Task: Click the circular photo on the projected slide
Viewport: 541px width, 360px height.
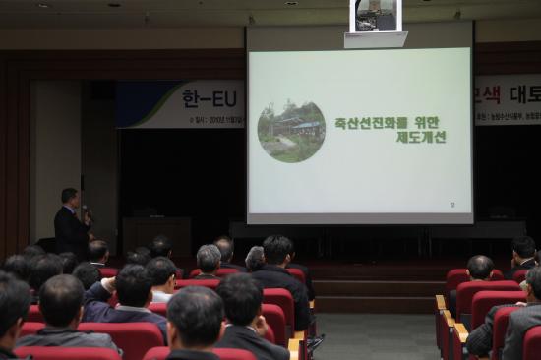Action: click(291, 131)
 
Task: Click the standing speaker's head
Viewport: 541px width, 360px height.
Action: click(69, 197)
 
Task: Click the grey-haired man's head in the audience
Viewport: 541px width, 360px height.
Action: click(209, 259)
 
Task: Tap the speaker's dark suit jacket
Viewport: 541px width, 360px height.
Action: click(70, 233)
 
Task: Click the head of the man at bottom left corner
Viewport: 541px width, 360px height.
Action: click(11, 305)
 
